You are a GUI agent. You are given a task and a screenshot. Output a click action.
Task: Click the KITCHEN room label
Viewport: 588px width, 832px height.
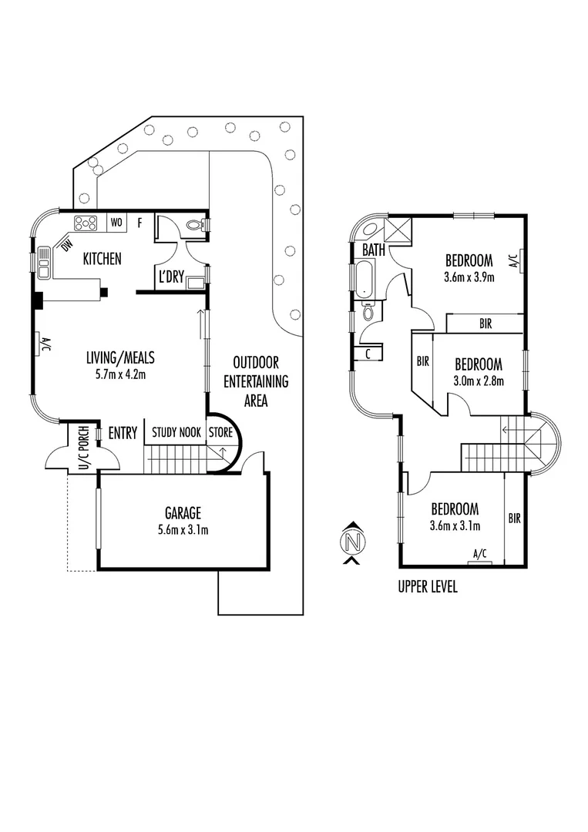tap(102, 259)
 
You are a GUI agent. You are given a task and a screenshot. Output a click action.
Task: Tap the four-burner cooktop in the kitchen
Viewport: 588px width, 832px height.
tap(85, 223)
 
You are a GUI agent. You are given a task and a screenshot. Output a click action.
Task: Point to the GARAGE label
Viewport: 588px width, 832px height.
tap(183, 512)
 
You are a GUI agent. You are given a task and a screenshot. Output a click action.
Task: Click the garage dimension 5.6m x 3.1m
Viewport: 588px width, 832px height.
tap(183, 529)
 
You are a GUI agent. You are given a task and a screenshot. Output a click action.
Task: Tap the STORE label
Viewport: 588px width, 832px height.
tap(220, 433)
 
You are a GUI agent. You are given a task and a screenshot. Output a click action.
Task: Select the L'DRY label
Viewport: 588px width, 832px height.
tap(171, 277)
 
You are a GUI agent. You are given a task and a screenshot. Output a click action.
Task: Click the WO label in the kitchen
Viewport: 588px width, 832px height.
tap(117, 223)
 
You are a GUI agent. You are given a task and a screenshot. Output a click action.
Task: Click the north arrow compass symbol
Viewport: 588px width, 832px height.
tap(353, 542)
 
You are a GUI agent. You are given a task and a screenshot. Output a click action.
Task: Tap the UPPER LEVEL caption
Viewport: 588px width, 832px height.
tap(428, 588)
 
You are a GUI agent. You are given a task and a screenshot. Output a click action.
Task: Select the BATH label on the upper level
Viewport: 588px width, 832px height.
tap(374, 251)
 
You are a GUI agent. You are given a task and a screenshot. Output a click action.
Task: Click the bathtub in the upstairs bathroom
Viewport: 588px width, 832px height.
tap(363, 280)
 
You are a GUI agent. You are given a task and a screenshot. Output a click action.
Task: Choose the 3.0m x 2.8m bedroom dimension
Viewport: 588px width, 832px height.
tap(478, 381)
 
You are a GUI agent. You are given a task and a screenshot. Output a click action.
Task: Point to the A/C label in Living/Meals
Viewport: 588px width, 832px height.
tap(44, 344)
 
